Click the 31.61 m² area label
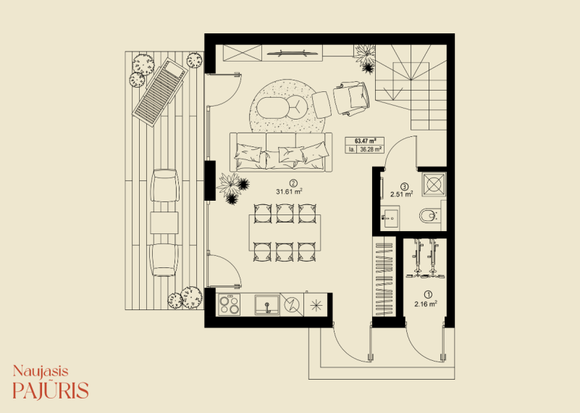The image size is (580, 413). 289,191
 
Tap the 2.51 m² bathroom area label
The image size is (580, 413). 402,193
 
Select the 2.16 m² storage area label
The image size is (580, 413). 426,304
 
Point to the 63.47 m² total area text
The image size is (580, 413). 365,141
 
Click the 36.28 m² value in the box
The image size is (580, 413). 371,149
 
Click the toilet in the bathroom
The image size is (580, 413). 429,215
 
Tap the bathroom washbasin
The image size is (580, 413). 390,217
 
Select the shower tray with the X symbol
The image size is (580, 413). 434,184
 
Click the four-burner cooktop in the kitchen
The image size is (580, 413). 229,304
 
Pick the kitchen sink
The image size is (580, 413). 267,305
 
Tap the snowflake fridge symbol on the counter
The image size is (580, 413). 316,305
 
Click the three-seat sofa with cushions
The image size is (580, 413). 281,151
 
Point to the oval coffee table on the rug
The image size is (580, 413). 273,108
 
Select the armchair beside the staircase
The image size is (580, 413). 351,99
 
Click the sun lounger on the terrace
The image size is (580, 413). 160,92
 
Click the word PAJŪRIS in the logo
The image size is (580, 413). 51,390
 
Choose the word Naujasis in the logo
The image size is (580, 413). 41,371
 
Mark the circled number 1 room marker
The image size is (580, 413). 429,295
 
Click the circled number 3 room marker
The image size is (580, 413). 404,187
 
